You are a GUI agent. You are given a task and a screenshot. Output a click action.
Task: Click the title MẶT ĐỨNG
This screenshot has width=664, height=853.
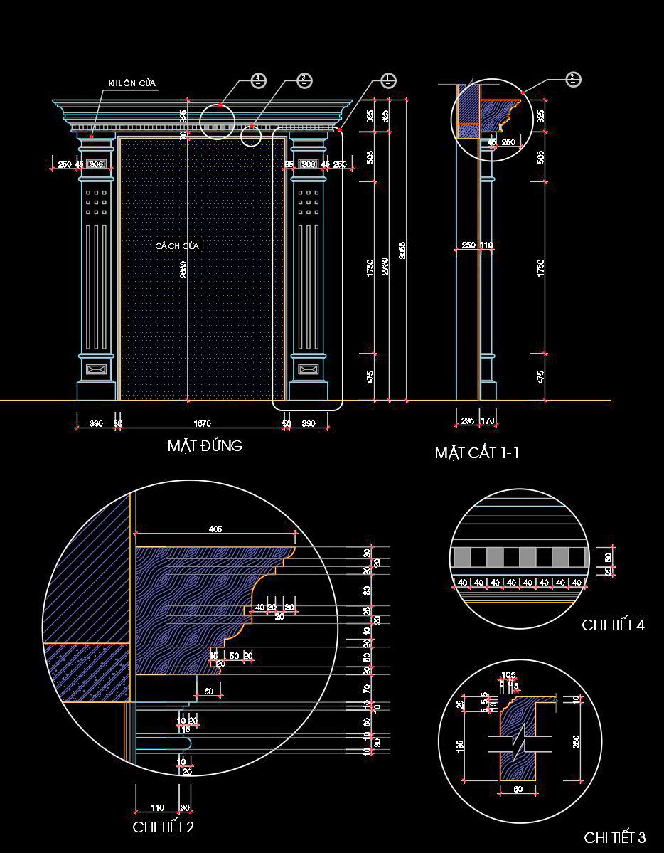coord(205,446)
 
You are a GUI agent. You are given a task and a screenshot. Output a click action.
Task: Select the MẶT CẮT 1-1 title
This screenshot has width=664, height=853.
coord(476,452)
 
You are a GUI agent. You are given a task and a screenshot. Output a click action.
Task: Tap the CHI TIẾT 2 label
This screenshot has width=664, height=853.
coord(163,827)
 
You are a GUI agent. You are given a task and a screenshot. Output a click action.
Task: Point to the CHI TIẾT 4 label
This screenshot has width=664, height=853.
coord(613,625)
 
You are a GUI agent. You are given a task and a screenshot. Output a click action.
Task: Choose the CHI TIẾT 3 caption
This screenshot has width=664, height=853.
coord(615,837)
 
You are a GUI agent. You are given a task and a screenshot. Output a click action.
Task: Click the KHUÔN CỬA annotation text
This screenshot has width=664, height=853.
coord(132,84)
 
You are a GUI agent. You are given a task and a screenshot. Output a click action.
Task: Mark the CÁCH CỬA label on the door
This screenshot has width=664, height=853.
coord(178,245)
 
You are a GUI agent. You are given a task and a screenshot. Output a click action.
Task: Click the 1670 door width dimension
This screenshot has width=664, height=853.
coord(202,424)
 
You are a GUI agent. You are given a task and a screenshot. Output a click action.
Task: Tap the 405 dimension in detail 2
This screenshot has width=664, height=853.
coord(215,529)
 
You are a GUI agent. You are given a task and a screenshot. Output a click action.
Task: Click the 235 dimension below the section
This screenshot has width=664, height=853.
coord(468,421)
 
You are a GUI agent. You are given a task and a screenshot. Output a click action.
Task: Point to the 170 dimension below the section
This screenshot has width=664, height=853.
coord(488,421)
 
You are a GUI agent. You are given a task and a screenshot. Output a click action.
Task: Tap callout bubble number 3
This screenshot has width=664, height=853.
coord(304,80)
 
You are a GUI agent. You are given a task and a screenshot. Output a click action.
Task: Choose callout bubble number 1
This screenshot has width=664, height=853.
coord(387,80)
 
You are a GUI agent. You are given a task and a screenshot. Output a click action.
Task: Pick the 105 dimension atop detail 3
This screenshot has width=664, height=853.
coord(508,675)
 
